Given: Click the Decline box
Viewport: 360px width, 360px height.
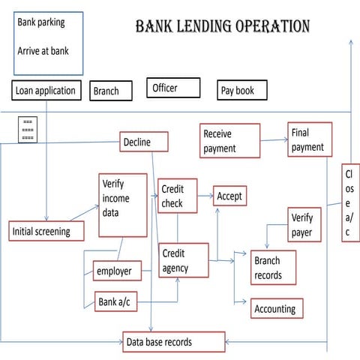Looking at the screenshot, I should (144, 142).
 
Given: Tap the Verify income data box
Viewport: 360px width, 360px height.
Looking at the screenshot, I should (123, 205).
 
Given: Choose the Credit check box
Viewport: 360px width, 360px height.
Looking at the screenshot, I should (177, 196).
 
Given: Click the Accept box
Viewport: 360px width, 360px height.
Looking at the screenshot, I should (229, 196).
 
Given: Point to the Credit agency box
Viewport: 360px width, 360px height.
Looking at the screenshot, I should (183, 260).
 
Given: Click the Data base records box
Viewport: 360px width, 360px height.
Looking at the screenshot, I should (174, 342).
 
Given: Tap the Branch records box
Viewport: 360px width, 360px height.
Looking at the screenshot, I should (273, 268).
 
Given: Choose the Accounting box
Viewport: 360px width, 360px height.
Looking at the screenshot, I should (274, 308).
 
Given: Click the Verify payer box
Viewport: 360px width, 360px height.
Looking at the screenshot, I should (305, 226).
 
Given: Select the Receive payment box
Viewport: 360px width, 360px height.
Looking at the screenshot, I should (229, 140).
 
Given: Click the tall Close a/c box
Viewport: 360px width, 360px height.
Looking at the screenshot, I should (350, 202).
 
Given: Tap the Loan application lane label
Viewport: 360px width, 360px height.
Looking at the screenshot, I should (46, 91).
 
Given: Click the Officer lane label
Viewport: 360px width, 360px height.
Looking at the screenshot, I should (172, 88).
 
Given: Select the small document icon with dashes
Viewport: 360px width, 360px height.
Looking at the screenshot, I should (28, 129).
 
